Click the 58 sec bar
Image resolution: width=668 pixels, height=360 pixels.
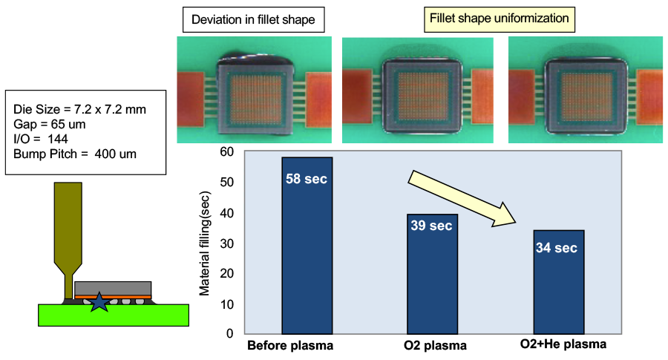tap(307, 245)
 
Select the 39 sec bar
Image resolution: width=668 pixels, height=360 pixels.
tap(433, 275)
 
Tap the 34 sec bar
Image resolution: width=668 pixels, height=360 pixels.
tap(559, 282)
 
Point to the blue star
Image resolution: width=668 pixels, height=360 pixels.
tap(98, 301)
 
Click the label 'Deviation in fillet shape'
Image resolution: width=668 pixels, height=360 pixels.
tap(254, 20)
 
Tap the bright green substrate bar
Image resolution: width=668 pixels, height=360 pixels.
tap(113, 315)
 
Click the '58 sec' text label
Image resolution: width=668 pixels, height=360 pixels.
tap(307, 179)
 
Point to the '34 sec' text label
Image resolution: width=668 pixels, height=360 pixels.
tap(556, 248)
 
